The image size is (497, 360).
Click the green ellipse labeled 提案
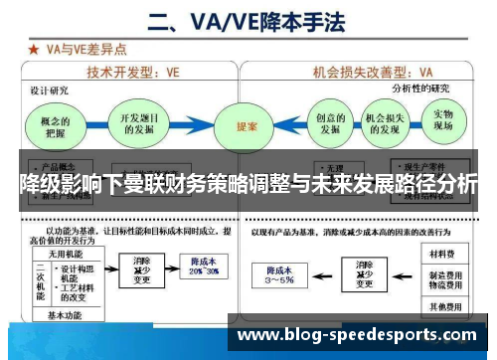pyautogui.click(x=247, y=127)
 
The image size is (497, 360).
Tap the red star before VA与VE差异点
pyautogui.click(x=35, y=47)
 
